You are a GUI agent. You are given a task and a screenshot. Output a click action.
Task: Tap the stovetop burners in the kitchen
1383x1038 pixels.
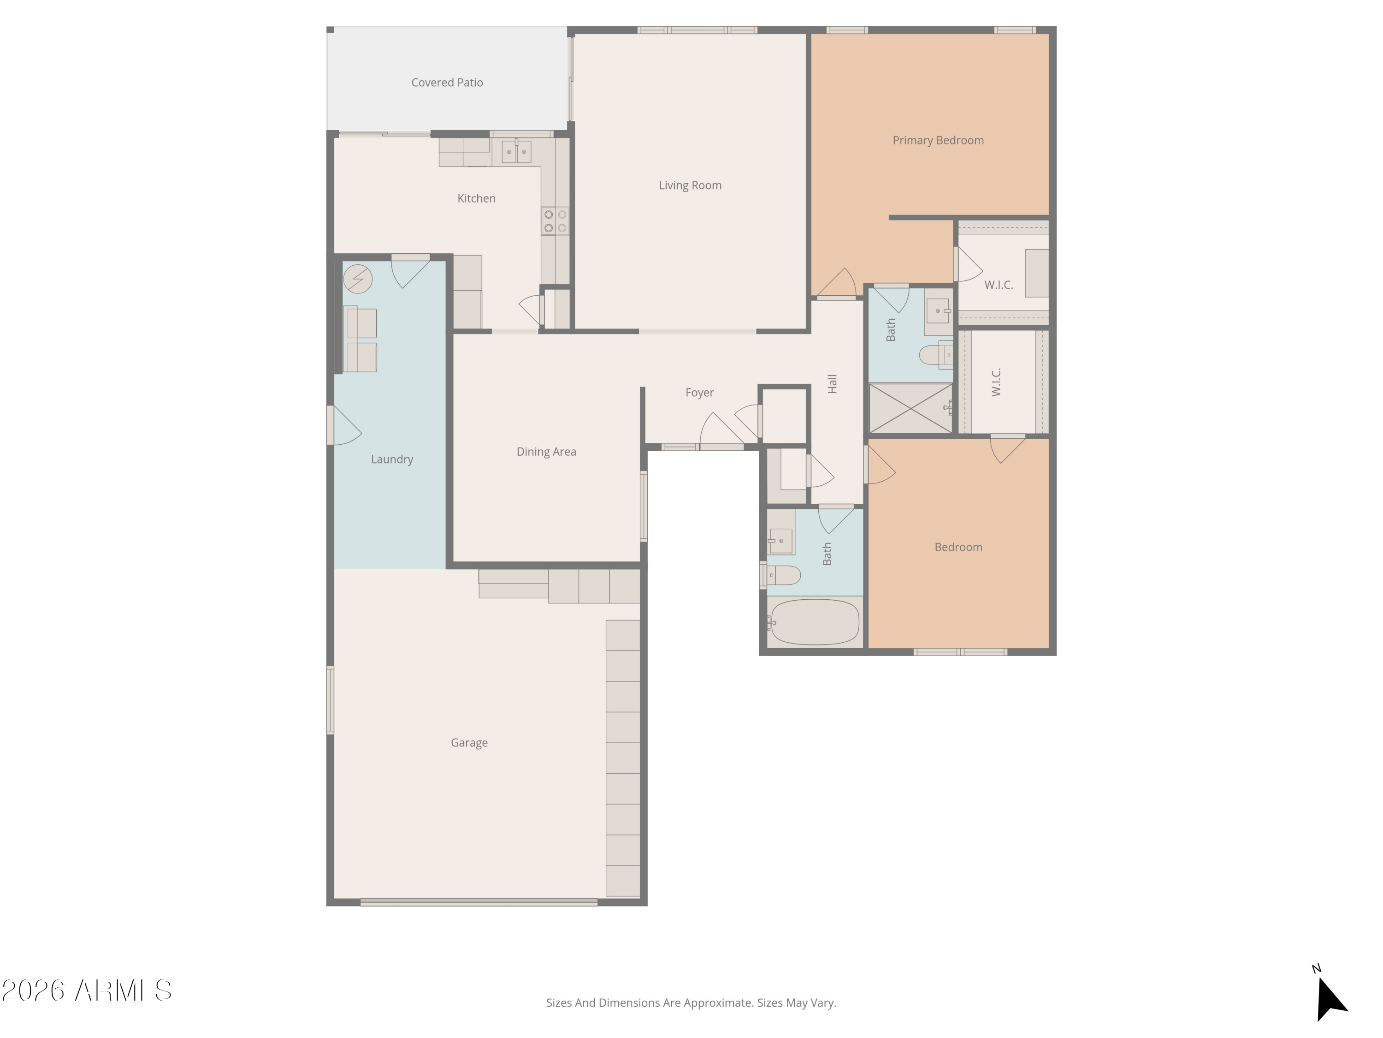point(555,221)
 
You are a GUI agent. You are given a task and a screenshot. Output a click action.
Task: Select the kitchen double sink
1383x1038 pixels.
point(516,151)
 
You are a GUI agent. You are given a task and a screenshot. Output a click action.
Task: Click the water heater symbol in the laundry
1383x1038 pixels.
point(358,279)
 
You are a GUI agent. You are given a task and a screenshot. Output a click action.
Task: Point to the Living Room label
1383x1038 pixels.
point(690,185)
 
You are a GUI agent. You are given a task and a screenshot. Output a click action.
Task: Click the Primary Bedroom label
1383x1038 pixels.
point(938,140)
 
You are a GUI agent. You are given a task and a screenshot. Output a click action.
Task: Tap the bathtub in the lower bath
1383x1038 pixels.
point(815,622)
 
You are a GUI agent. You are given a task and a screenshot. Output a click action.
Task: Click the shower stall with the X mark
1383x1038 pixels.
point(910,408)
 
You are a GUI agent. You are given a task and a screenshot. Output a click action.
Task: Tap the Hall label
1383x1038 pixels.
point(832,383)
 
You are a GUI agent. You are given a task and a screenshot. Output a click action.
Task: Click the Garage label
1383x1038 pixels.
point(469,743)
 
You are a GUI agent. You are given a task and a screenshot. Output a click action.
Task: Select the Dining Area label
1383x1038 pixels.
point(546,452)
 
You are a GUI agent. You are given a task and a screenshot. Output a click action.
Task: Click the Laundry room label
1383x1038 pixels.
point(392,459)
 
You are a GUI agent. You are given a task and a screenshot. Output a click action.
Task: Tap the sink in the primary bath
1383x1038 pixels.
point(937,310)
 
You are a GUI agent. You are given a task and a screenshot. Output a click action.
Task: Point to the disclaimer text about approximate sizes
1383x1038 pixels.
point(691,1002)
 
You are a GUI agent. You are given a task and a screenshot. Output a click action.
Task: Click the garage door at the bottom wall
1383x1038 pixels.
point(479,901)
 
